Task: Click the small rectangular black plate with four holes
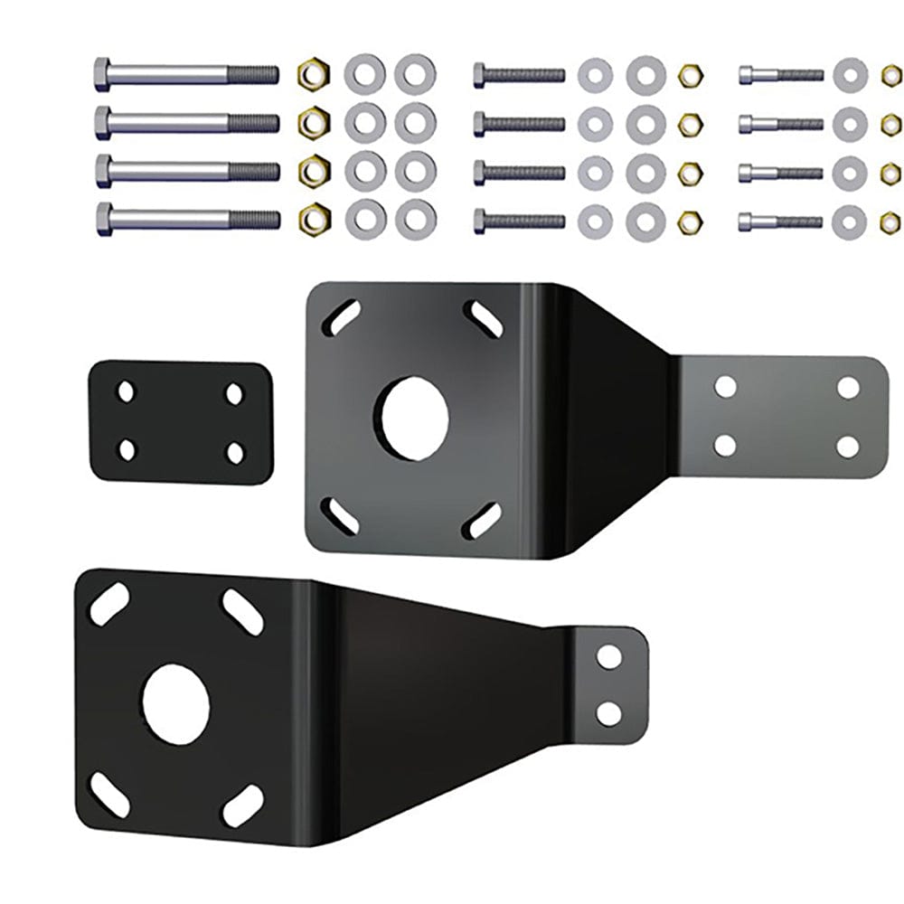(x=180, y=422)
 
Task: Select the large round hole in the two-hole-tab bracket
(x=177, y=704)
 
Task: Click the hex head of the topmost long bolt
(x=102, y=72)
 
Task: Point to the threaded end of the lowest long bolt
(x=254, y=219)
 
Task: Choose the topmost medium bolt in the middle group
(x=518, y=74)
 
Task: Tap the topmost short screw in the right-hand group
(x=780, y=74)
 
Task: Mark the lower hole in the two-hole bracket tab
(x=609, y=713)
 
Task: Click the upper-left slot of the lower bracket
(x=108, y=604)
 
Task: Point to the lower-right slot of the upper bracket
(x=482, y=521)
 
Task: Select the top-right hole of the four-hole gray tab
(x=847, y=387)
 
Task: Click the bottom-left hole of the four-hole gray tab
(x=724, y=445)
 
